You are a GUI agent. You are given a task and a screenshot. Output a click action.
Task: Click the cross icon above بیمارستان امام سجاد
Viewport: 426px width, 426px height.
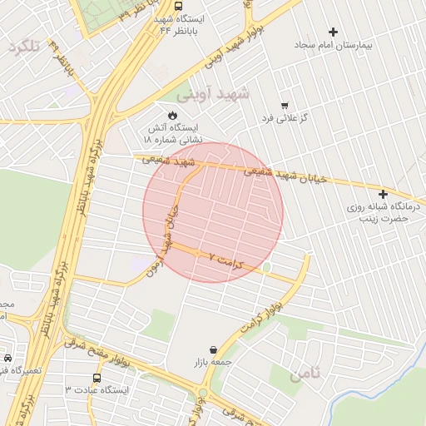(334, 32)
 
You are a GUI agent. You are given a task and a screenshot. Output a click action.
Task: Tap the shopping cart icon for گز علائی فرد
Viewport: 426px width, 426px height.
(285, 106)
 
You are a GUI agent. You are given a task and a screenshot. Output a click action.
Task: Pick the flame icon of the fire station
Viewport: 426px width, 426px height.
(173, 114)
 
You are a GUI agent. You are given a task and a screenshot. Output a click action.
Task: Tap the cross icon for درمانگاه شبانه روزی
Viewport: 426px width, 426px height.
(383, 194)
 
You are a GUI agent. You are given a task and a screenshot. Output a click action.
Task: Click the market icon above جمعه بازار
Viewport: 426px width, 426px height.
(214, 350)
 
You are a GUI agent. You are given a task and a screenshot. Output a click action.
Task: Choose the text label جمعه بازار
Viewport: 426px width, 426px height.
(214, 364)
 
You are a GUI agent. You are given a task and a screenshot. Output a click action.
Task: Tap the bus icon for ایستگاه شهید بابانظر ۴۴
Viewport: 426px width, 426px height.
(180, 5)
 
